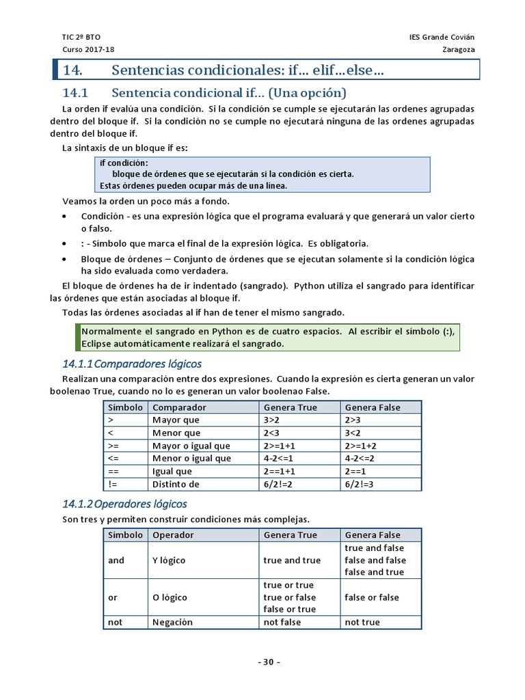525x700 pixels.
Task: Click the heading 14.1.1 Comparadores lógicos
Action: [x=132, y=363]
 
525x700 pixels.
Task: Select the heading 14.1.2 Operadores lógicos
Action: [x=124, y=504]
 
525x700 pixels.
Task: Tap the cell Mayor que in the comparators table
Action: [x=176, y=420]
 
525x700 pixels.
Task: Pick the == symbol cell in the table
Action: [x=113, y=472]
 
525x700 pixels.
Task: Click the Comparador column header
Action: [x=179, y=407]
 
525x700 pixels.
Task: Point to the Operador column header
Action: [x=173, y=535]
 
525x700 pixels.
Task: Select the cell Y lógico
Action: [x=169, y=561]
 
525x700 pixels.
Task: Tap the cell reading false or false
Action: [x=372, y=597]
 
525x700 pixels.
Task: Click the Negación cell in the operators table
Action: [x=172, y=622]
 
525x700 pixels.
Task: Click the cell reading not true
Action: [x=362, y=622]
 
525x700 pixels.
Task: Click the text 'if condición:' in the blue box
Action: [x=124, y=163]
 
